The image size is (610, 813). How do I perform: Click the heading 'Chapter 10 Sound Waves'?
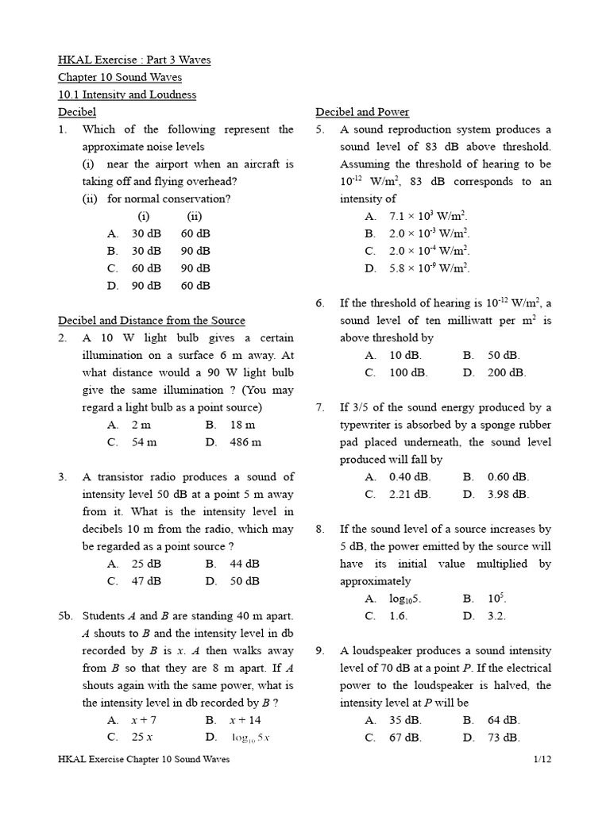pyautogui.click(x=120, y=77)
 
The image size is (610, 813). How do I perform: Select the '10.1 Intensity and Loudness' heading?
pyautogui.click(x=127, y=94)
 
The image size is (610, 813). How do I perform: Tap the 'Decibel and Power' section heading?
pyautogui.click(x=362, y=112)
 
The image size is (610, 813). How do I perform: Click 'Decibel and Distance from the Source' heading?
pyautogui.click(x=152, y=321)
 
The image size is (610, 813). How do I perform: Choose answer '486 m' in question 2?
pyautogui.click(x=245, y=442)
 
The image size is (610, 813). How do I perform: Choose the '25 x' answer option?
pyautogui.click(x=143, y=738)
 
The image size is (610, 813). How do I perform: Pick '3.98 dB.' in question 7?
pyautogui.click(x=508, y=494)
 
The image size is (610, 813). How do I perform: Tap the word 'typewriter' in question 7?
pyautogui.click(x=368, y=425)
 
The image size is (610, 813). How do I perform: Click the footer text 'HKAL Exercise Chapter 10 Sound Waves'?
pyautogui.click(x=144, y=760)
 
